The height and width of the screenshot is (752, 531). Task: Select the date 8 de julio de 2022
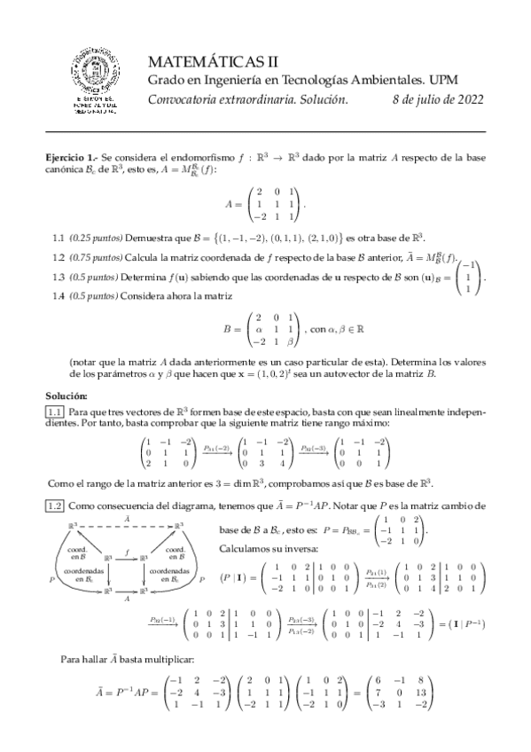pos(436,99)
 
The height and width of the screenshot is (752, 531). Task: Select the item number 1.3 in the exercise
pos(59,277)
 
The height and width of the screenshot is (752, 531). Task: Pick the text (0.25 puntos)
pos(96,238)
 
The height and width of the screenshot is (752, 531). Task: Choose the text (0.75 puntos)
pos(96,258)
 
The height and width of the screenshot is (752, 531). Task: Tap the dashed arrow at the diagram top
pos(127,527)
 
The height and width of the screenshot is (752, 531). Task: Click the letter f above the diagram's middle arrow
pos(129,551)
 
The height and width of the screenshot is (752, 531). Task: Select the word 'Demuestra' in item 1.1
pos(150,238)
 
